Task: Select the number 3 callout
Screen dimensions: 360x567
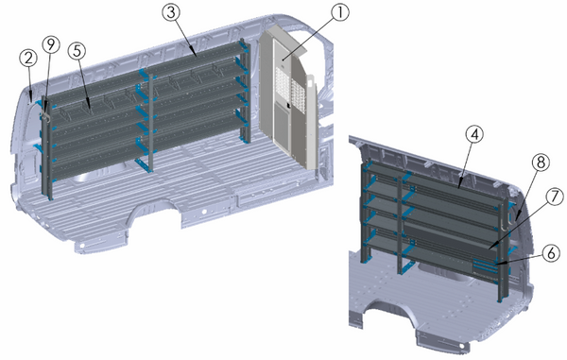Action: coord(171,12)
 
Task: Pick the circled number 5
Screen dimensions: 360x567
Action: coord(77,54)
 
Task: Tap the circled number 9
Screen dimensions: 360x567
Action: coord(50,43)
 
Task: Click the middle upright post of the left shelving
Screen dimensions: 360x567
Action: coord(146,123)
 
